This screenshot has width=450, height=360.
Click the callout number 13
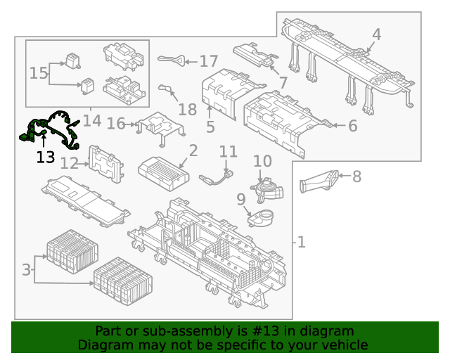(46, 157)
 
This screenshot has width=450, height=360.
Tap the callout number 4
(377, 34)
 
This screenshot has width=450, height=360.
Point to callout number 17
(209, 61)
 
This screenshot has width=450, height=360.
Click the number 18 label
(188, 109)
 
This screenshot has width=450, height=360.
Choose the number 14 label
(92, 121)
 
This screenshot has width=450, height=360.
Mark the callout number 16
(115, 124)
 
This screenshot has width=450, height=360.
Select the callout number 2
(193, 150)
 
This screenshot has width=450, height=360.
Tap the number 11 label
(229, 152)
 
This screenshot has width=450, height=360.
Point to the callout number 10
(262, 161)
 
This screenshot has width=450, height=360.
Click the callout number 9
(241, 200)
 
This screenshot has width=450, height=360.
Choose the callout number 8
(356, 176)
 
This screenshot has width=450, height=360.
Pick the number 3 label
(27, 269)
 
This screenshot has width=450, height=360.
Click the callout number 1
(301, 243)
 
